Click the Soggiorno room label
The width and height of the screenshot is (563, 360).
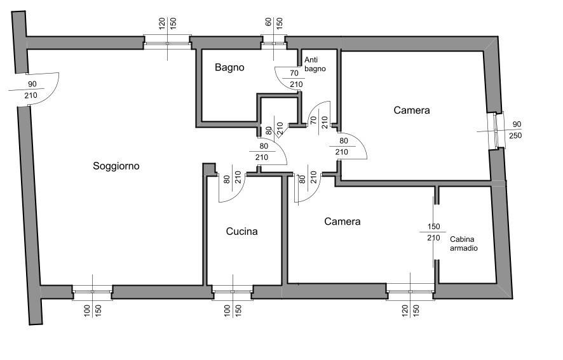[116, 166]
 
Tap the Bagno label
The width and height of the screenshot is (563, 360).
[229, 67]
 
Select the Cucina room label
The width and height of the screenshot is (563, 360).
[241, 232]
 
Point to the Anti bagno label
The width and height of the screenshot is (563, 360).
[315, 64]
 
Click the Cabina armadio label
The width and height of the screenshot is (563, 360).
[463, 244]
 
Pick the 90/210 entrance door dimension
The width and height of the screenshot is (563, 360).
[31, 90]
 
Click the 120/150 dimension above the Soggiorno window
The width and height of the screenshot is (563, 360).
[167, 23]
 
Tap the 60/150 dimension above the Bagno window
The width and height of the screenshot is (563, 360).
[274, 23]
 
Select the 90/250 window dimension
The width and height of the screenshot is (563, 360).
[516, 130]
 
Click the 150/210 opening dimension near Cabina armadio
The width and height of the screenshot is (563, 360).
[434, 232]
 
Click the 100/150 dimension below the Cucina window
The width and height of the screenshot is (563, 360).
[233, 311]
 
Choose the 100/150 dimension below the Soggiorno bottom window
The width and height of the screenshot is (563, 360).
[93, 311]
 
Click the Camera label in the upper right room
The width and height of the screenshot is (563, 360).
[412, 110]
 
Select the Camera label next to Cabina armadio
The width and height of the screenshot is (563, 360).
[342, 222]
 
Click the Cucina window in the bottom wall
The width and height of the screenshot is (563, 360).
[233, 292]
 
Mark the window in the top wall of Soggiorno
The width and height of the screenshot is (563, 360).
[167, 42]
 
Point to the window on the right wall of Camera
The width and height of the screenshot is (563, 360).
[496, 130]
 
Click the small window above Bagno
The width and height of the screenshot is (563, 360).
[274, 42]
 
